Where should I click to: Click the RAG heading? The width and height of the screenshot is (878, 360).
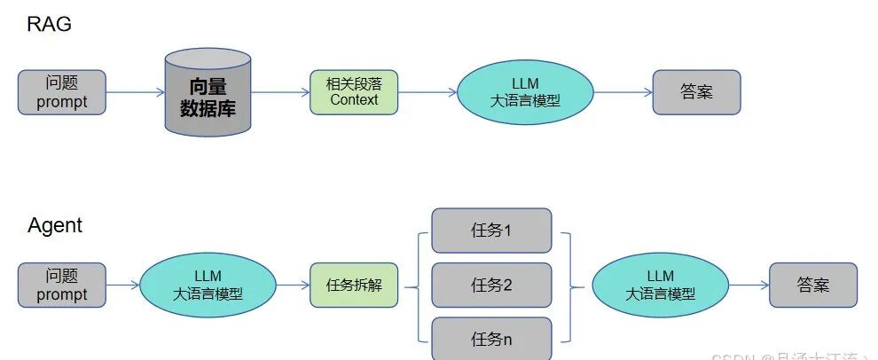[49, 24]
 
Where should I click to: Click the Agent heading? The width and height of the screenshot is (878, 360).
[55, 225]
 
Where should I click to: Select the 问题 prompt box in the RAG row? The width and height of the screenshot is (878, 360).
[62, 92]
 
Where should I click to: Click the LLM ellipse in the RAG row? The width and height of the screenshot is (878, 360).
[525, 92]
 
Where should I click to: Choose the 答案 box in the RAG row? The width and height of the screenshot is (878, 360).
[696, 92]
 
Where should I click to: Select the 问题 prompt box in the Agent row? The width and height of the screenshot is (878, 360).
[62, 285]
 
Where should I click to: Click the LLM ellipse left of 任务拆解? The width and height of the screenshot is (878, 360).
[207, 285]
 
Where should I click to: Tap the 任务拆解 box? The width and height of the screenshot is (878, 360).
[353, 285]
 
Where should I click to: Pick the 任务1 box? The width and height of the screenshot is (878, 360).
[491, 231]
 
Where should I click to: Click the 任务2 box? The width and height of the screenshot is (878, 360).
[491, 286]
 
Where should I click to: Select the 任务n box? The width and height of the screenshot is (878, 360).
[491, 339]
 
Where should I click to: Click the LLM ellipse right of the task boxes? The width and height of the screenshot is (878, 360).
[660, 285]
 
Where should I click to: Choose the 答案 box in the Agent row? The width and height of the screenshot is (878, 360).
[813, 285]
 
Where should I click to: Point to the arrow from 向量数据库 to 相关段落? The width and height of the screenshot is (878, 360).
[280, 92]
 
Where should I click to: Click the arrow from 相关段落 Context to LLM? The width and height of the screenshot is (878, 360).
[427, 92]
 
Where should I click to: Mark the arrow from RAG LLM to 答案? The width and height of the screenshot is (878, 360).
[623, 92]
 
